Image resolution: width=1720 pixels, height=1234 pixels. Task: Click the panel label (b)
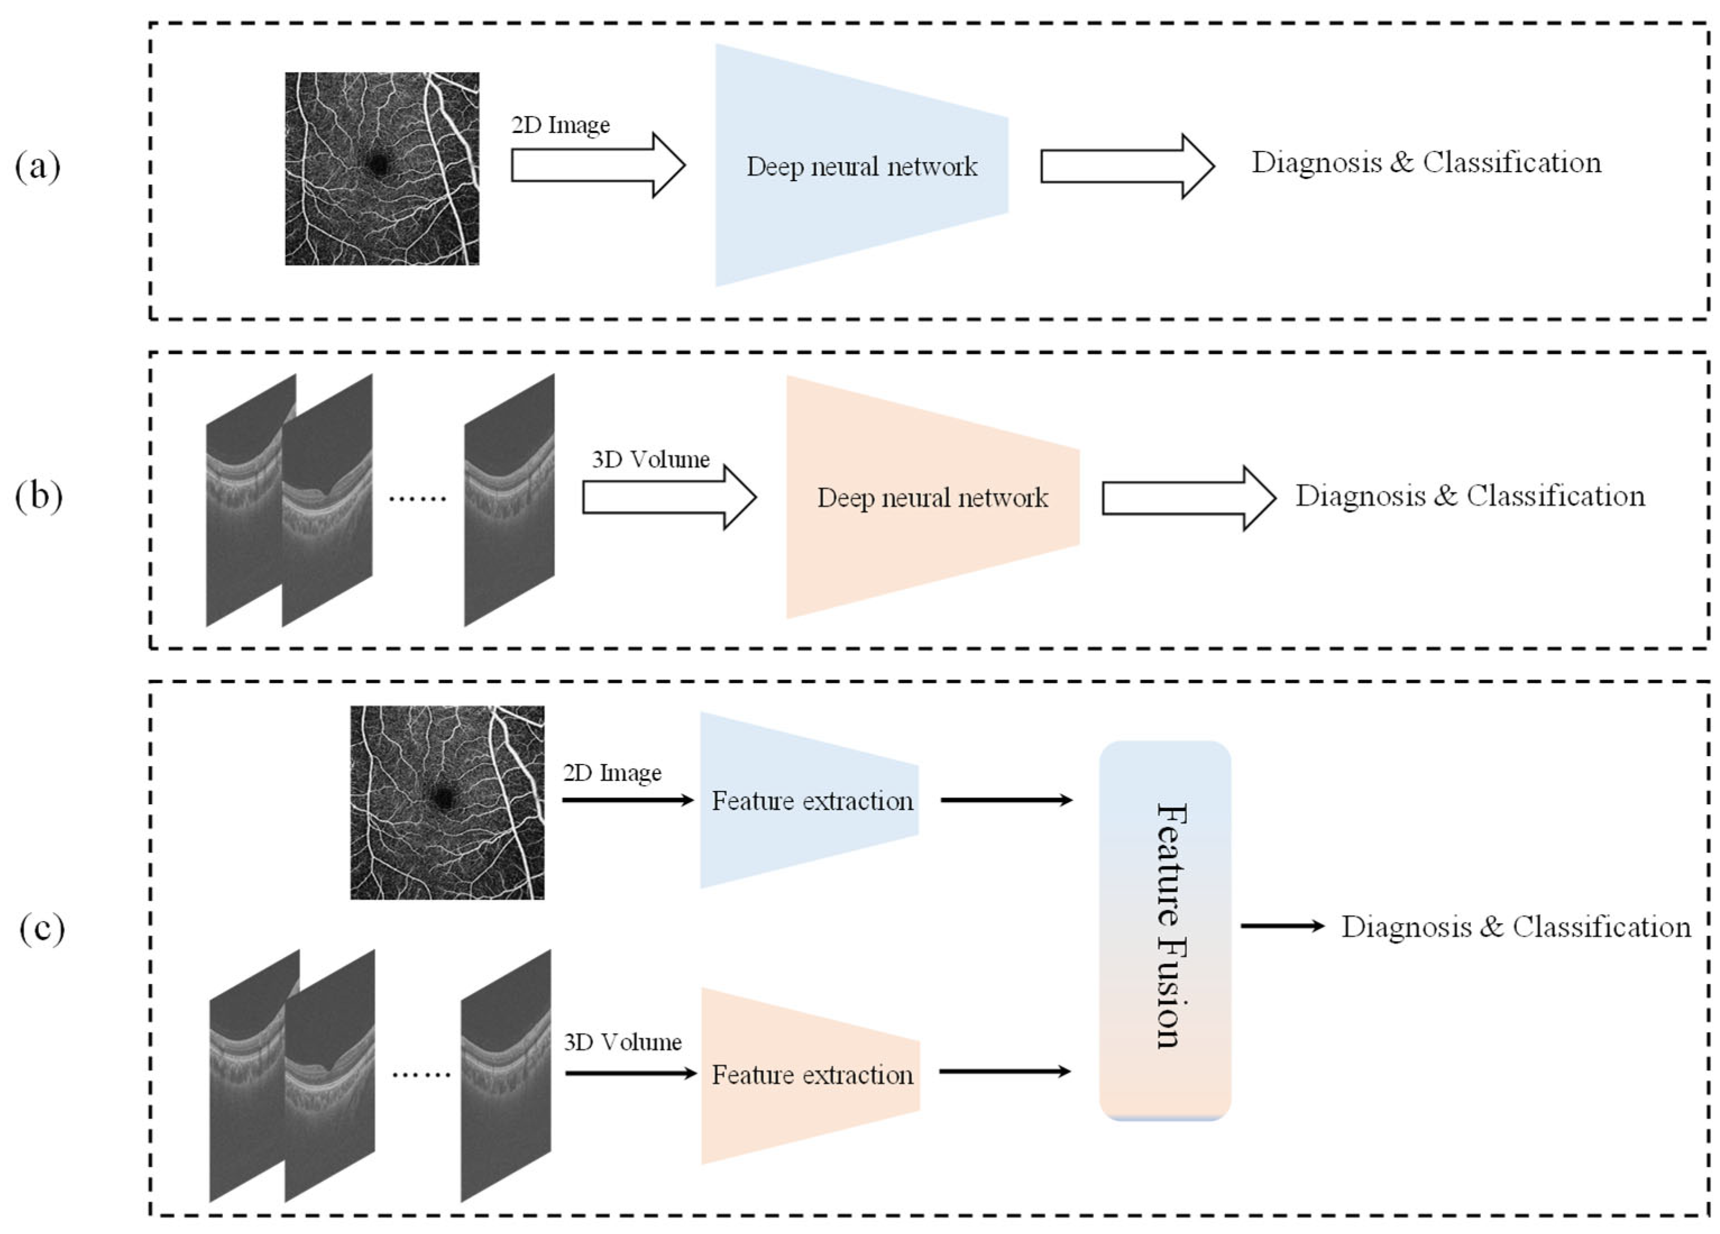(x=38, y=497)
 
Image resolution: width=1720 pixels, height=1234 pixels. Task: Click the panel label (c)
(x=42, y=928)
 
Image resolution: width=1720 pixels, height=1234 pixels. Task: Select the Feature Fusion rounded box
(x=1165, y=929)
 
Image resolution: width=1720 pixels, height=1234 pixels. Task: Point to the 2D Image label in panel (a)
(x=560, y=125)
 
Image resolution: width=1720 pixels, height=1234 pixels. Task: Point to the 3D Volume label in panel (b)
(x=650, y=459)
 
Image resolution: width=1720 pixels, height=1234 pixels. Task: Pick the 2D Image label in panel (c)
(x=612, y=773)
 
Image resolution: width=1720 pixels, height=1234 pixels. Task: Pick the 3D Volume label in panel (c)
(x=623, y=1042)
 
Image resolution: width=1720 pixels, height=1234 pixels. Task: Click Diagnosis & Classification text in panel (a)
(x=1425, y=162)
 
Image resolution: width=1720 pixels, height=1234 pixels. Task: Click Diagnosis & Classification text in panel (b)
(x=1470, y=496)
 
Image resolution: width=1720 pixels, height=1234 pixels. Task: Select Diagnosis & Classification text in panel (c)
(x=1516, y=927)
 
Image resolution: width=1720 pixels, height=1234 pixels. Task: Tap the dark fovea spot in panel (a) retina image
(x=377, y=163)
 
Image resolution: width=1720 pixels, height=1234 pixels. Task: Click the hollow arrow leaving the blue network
(x=1127, y=166)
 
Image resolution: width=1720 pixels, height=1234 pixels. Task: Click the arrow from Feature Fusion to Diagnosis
(x=1282, y=926)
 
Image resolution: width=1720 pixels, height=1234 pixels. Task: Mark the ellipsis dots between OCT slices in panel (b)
(x=417, y=498)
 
